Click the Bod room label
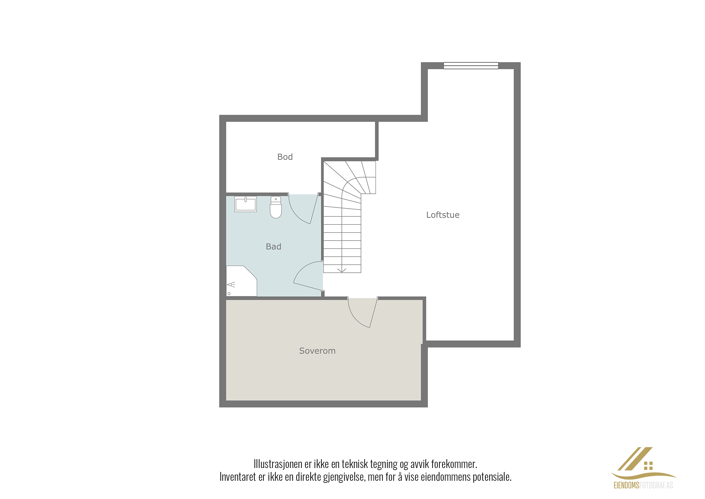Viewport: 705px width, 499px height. tap(285, 157)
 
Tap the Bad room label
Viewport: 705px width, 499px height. tap(273, 247)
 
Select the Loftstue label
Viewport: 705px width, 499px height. tap(443, 215)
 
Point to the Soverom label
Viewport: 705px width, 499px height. tap(317, 351)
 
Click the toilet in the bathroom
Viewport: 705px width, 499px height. tap(276, 207)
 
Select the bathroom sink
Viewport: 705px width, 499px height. tap(245, 204)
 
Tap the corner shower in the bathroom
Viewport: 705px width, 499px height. tap(241, 281)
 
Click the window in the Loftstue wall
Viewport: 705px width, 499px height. tap(471, 66)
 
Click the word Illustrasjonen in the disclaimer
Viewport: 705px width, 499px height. tap(278, 464)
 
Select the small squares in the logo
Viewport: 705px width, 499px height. tap(648, 466)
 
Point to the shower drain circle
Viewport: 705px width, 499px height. tap(229, 294)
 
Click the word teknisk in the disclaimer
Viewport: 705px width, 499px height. tap(355, 464)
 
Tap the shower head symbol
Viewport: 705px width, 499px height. tap(231, 285)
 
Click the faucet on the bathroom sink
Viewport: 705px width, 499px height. tap(246, 199)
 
